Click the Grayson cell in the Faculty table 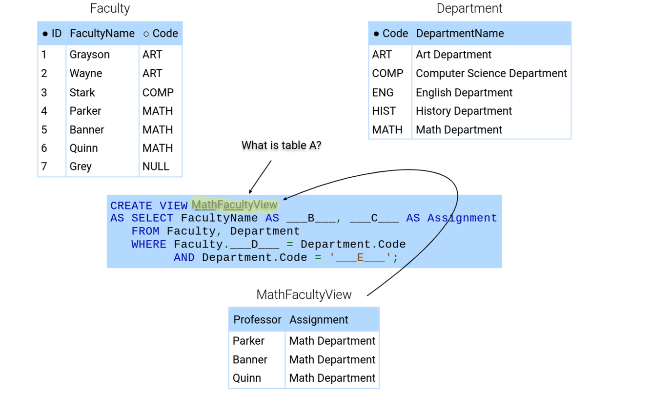point(90,55)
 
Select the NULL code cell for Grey point(156,166)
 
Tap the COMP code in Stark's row point(158,93)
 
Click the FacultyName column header point(102,34)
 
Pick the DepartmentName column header point(460,34)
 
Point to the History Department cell point(464,111)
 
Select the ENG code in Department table point(383,93)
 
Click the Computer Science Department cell point(491,74)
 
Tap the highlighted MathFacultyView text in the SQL point(235,205)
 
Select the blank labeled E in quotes point(360,257)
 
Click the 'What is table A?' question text point(282,145)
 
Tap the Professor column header point(257,320)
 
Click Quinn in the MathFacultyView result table point(247,378)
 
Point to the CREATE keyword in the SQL point(131,206)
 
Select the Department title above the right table point(469,9)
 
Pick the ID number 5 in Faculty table point(44,130)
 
